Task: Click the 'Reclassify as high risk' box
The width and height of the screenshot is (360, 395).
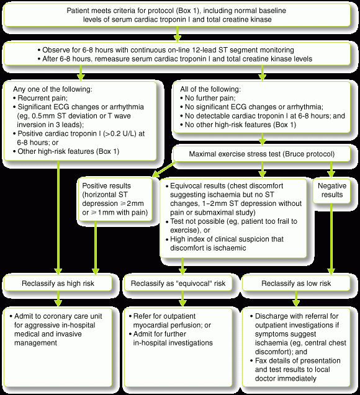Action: tap(58, 283)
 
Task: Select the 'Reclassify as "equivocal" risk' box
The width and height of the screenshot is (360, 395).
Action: tap(178, 283)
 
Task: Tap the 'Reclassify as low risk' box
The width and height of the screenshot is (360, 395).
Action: tap(296, 283)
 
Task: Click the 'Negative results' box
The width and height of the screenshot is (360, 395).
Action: tap(331, 191)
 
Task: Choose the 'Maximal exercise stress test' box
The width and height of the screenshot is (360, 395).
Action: tap(261, 154)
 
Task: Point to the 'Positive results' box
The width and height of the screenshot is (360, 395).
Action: tap(115, 199)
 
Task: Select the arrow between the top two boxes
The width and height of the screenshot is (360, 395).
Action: tap(178, 34)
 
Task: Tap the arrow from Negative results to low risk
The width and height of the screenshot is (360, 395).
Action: tap(331, 239)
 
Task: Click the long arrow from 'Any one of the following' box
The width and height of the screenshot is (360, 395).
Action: tap(58, 218)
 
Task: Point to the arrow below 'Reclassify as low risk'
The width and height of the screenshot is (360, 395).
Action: tap(296, 299)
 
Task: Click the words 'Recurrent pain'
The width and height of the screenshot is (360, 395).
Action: tap(42, 98)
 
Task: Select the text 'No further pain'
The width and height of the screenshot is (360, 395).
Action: tap(210, 98)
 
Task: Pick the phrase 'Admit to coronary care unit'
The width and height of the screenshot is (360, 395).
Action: tap(58, 316)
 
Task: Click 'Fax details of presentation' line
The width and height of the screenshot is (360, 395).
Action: tap(297, 361)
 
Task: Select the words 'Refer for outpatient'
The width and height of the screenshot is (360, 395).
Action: tap(164, 316)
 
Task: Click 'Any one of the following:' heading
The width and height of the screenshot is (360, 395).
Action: tap(53, 89)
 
